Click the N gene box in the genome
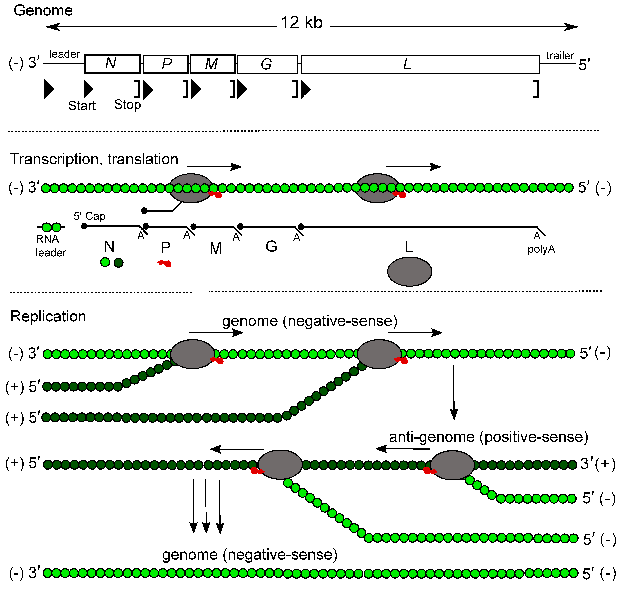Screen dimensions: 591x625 point(112,64)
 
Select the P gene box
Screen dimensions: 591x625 point(166,64)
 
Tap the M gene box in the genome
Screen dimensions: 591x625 point(213,64)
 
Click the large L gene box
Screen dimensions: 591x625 point(420,65)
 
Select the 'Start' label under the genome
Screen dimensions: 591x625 point(82,106)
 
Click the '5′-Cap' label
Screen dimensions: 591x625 point(90,216)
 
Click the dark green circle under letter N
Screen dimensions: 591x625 point(118,263)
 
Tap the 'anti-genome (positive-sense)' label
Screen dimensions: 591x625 point(488,437)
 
